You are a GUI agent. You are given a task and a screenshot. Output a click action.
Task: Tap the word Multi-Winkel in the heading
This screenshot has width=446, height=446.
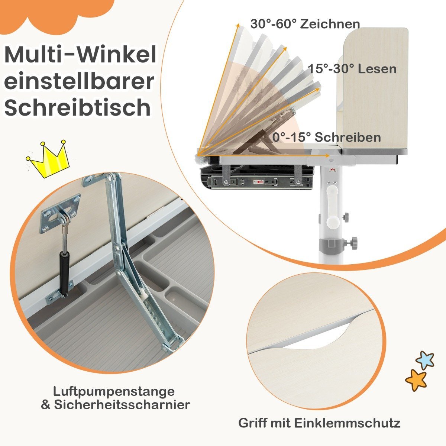point(80,55)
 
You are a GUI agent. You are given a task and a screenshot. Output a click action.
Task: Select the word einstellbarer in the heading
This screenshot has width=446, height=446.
point(79,81)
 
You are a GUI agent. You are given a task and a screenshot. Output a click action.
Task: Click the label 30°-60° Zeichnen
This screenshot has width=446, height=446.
point(305,24)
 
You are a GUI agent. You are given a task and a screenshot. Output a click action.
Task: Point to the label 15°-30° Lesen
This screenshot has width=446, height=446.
point(352,69)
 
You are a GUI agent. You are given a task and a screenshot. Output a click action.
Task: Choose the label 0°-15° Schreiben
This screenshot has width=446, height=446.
point(326,137)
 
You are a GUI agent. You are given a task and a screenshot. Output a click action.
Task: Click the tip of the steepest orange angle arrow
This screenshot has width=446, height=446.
point(238,24)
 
